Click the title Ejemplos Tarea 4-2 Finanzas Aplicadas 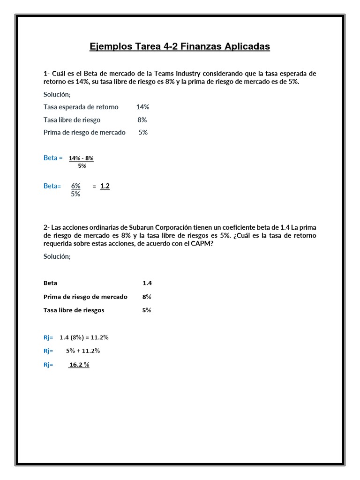tap(180, 47)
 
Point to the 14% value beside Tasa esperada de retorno tap(142, 107)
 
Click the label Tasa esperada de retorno tap(81, 107)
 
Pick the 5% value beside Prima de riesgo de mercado tap(143, 132)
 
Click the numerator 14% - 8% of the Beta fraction tap(81, 158)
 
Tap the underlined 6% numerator tap(76, 186)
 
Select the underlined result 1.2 tap(105, 186)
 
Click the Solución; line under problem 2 tap(57, 256)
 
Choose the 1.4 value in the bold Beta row tap(147, 283)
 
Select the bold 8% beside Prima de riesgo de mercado tap(147, 297)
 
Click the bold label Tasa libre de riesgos tap(74, 310)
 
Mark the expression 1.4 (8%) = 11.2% tap(84, 337)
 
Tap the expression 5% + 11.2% tap(83, 351)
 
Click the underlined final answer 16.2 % tap(79, 364)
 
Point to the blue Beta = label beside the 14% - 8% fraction tap(53, 158)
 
